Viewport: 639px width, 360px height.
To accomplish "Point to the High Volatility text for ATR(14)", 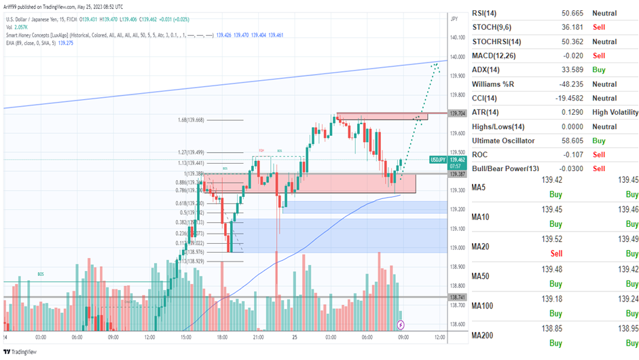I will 615,112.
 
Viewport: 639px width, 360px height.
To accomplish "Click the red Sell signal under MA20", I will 555,253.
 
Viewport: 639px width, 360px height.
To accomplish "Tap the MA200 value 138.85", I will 555,327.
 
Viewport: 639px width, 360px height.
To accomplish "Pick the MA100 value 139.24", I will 627,298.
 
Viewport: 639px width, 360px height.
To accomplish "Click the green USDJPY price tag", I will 438,160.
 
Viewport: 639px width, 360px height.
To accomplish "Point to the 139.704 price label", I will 457,113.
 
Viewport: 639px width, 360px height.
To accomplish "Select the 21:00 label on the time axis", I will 259,337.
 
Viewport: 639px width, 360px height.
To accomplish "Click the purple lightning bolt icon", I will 401,325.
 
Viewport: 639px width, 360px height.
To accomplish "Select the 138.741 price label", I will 457,298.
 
